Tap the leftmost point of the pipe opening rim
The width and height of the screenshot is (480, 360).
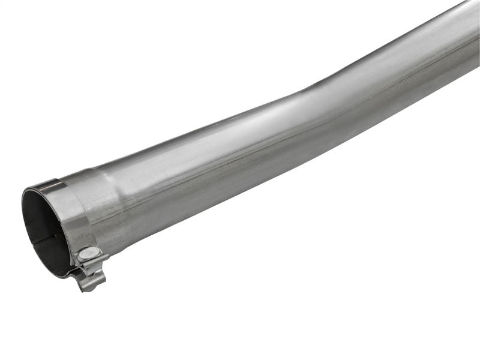pyautogui.click(x=23, y=222)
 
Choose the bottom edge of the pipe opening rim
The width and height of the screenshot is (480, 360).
pyautogui.click(x=63, y=275)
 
